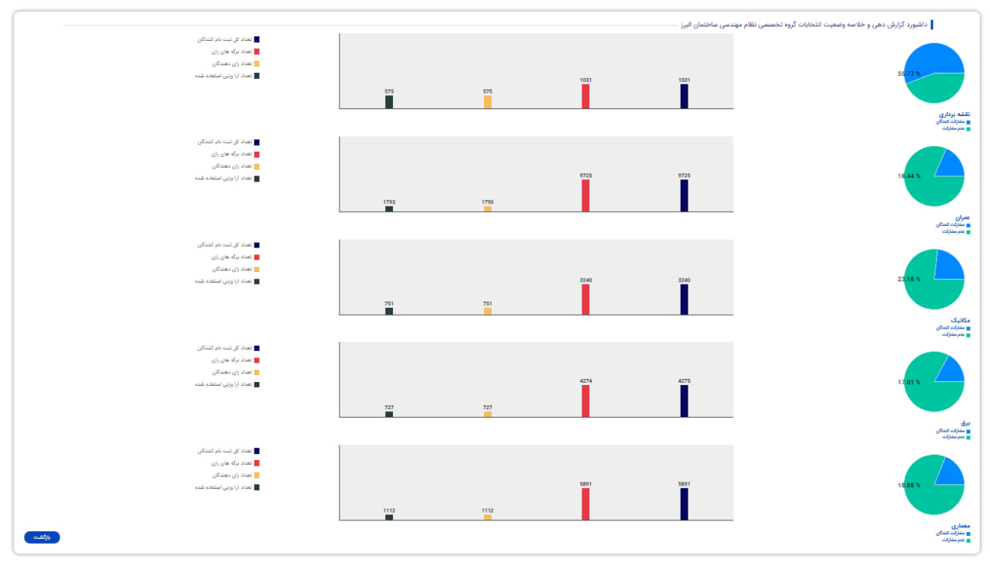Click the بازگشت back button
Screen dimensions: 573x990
42,537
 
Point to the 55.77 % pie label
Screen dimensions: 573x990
910,73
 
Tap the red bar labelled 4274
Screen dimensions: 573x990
585,401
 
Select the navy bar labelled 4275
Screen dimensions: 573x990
684,401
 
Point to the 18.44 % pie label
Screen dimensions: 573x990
910,176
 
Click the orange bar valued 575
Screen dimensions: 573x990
487,101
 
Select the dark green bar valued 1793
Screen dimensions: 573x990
389,209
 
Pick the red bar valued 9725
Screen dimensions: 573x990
585,195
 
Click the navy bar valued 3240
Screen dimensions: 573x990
684,299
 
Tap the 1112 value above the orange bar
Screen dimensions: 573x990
487,510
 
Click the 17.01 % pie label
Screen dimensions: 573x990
910,382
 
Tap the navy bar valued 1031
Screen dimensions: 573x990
684,96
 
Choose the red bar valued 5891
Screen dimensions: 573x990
585,503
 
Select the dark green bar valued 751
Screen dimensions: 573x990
389,311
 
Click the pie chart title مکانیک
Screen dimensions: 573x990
961,320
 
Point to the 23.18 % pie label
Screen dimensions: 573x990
910,279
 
